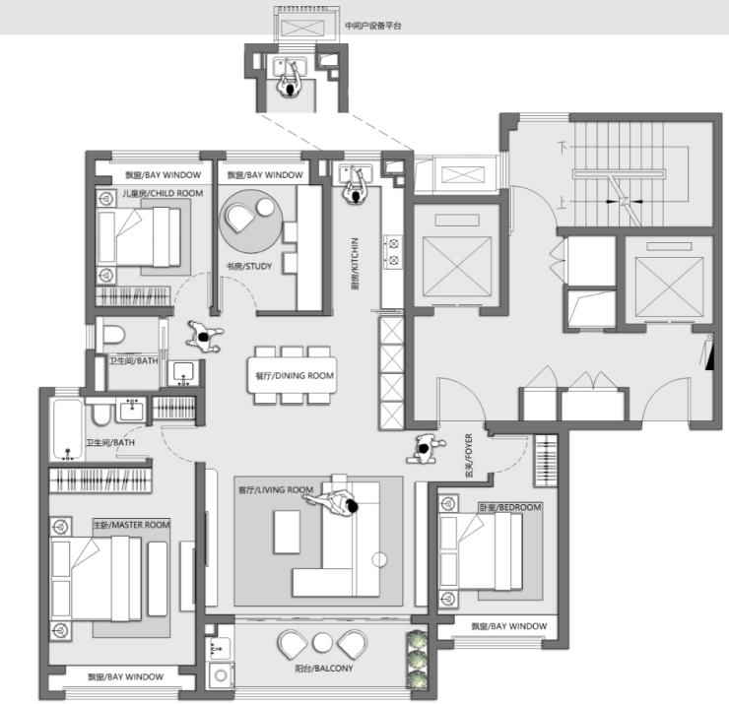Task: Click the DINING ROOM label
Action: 295,375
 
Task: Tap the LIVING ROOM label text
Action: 276,489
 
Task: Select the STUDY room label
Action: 248,266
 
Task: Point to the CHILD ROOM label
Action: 163,193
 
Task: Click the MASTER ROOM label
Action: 132,525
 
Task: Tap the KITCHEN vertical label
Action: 355,264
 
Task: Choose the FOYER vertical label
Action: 469,456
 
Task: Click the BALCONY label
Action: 324,669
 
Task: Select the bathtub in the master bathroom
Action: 67,429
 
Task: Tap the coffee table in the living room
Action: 287,532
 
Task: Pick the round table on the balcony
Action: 322,643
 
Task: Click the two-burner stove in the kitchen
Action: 393,252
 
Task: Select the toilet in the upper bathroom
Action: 114,335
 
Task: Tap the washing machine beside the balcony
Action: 221,675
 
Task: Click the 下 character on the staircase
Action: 563,148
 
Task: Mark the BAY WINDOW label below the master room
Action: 125,677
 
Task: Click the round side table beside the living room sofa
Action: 379,560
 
